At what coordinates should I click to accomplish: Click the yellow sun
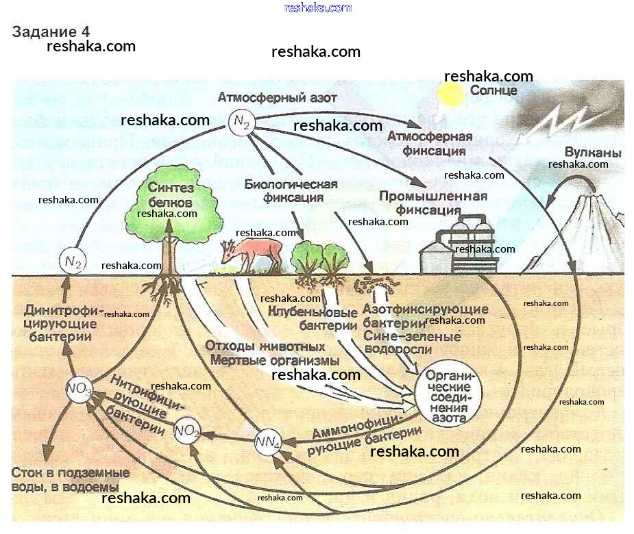tap(452, 94)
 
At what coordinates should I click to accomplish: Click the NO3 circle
tap(79, 390)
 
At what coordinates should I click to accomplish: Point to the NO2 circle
tap(187, 431)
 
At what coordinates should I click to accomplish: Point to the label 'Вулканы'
tap(593, 153)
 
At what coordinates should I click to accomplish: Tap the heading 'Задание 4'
tap(51, 32)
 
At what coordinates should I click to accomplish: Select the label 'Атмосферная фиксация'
tap(430, 142)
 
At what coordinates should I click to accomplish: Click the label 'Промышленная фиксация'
tap(433, 203)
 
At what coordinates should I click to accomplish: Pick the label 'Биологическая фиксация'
tap(291, 191)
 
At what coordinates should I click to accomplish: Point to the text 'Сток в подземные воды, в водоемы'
tap(70, 479)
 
